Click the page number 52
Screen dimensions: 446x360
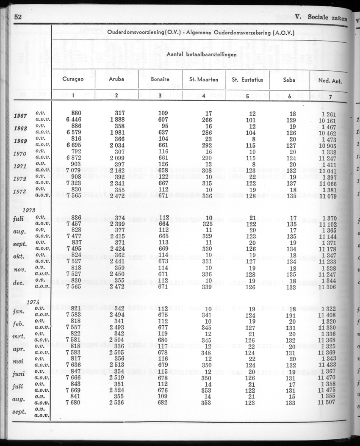click(x=18, y=17)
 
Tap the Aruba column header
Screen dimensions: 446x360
click(x=116, y=80)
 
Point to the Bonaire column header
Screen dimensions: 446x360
click(x=160, y=80)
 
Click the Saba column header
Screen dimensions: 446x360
click(x=289, y=80)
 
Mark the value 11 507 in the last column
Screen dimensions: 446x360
click(x=328, y=402)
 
